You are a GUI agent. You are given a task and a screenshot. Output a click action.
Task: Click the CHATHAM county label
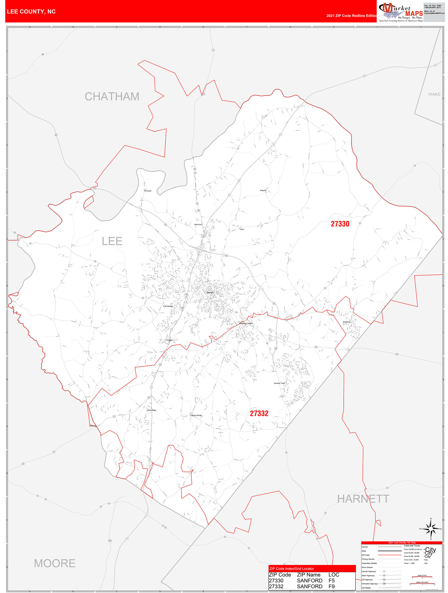[x=112, y=96]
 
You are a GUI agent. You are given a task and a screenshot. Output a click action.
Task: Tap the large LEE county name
[x=112, y=241]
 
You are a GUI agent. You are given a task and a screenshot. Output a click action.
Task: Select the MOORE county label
[x=55, y=563]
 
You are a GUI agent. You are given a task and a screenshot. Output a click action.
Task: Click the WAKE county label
[x=434, y=94]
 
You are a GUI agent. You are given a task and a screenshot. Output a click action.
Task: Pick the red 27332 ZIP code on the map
[x=259, y=413]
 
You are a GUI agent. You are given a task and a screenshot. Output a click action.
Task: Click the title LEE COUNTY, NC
[x=31, y=12]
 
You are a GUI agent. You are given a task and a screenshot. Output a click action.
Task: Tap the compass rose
[x=431, y=529]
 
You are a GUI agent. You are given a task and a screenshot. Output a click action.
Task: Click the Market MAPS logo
[x=401, y=12]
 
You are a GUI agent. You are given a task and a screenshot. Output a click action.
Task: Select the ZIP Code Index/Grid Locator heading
[x=291, y=569]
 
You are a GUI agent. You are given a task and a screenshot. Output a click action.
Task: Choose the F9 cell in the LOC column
[x=331, y=586]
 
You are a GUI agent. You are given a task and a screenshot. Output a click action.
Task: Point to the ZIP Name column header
[x=309, y=575]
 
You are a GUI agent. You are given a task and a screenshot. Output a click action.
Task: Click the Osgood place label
[x=263, y=190]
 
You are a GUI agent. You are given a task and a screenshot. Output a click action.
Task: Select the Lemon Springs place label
[x=196, y=415]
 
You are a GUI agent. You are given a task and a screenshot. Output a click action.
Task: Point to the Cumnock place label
[x=148, y=191]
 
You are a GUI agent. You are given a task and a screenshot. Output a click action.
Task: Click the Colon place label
[x=242, y=229]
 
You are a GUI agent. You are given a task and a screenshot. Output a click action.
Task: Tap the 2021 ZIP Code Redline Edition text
[x=351, y=16]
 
